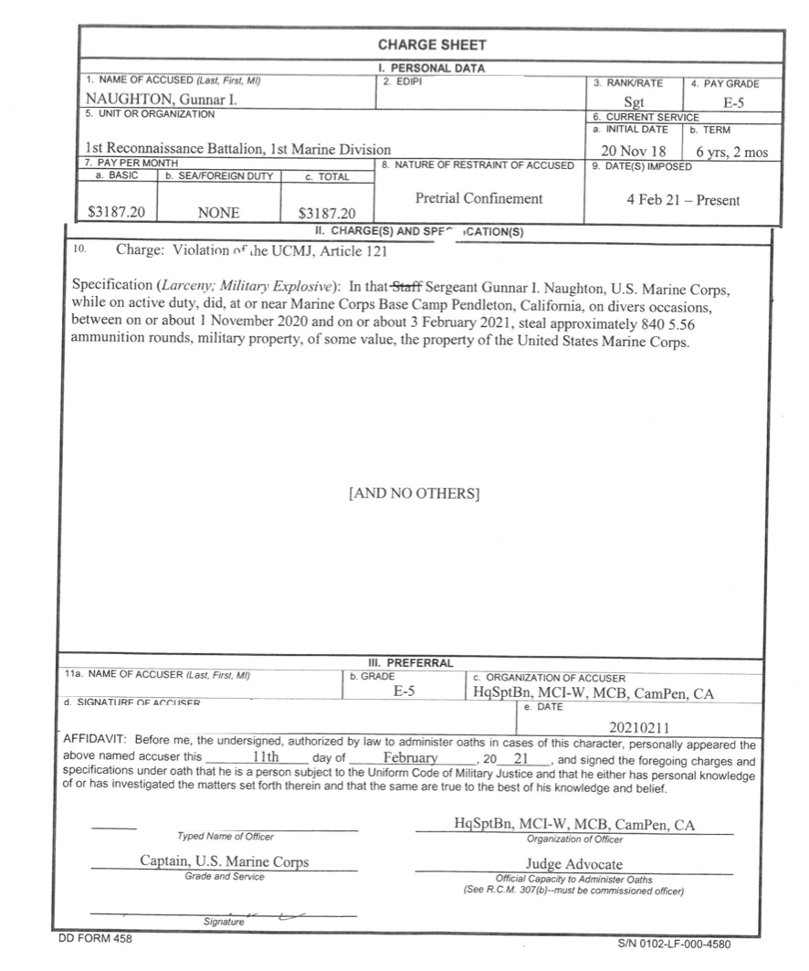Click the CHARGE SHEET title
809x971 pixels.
coord(431,45)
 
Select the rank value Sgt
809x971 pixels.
coord(634,103)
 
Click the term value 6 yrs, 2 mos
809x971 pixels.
coord(730,151)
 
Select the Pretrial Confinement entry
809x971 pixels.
coord(478,197)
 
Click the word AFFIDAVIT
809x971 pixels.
coord(99,744)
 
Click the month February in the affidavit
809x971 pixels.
coord(413,758)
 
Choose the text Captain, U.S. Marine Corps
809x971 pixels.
coord(224,861)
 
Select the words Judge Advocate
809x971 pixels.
coord(574,863)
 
